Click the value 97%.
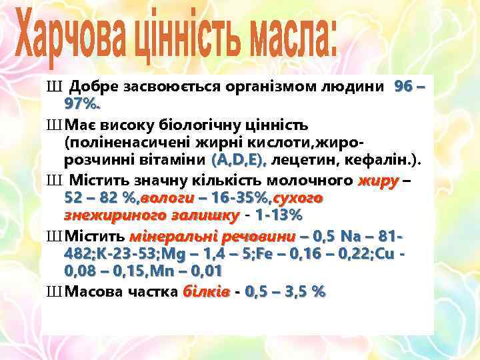83,104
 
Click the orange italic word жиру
378,181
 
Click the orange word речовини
256,237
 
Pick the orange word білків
206,293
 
